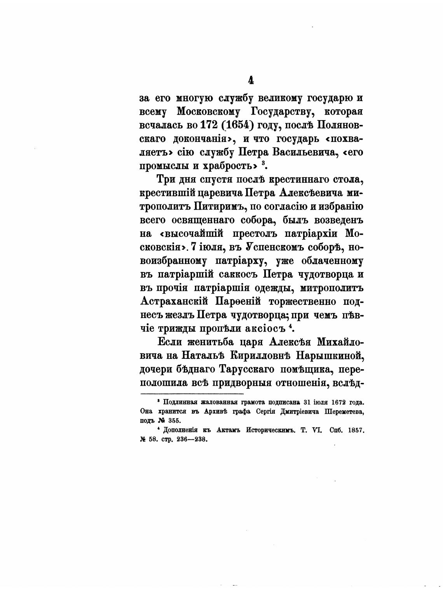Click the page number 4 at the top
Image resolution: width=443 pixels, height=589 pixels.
pyautogui.click(x=251, y=80)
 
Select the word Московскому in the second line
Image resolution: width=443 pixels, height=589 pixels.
pyautogui.click(x=210, y=112)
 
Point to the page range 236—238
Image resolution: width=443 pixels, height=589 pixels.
pyautogui.click(x=191, y=440)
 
